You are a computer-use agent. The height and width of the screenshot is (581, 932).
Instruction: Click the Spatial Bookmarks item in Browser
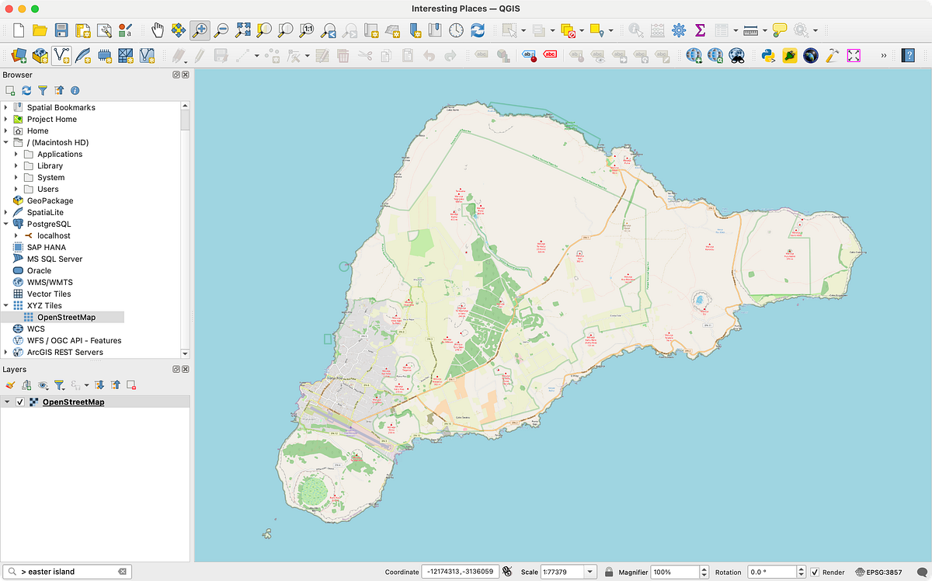[x=61, y=107]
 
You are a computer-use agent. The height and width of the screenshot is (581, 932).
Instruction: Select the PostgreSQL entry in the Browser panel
[x=50, y=224]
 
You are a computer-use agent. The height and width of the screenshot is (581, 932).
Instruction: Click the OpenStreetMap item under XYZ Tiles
[x=66, y=317]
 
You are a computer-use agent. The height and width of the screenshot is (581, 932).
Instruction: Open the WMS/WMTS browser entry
[x=50, y=282]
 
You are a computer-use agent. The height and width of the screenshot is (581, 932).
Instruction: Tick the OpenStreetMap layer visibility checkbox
[x=21, y=402]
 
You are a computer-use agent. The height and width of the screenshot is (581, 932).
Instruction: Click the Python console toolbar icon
[x=769, y=55]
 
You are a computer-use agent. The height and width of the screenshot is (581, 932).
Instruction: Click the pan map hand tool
[x=158, y=30]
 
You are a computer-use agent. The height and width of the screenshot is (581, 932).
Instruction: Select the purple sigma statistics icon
[x=700, y=30]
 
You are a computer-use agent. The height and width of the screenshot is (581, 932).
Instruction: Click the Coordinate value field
[x=460, y=572]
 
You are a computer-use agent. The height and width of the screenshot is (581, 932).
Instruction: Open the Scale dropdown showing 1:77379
[x=590, y=572]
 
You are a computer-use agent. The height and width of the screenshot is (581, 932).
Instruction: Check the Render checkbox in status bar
[x=815, y=572]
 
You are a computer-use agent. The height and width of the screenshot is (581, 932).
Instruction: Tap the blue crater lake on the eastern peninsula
[x=701, y=300]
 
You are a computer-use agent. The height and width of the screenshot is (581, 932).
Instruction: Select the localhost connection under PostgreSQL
[x=54, y=235]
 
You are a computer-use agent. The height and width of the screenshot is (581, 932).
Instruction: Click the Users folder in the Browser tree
[x=47, y=189]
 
